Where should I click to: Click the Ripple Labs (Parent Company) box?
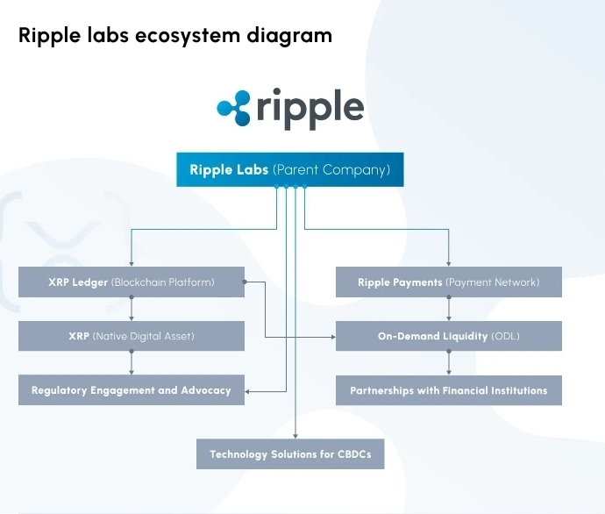coord(290,170)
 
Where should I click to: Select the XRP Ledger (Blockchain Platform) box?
coord(132,282)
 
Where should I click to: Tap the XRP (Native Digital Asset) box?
coord(132,336)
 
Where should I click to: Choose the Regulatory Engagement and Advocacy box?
coord(132,390)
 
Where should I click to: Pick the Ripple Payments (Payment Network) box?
coord(448,282)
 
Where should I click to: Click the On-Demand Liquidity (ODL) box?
coord(448,336)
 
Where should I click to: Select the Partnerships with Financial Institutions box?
coord(448,390)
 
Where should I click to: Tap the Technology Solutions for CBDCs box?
coord(290,454)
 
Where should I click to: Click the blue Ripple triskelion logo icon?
coord(234,107)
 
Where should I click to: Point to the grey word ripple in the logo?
coord(310,109)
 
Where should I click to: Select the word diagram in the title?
coord(295,36)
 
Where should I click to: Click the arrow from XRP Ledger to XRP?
coord(132,310)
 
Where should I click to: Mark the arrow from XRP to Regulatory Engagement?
coord(132,363)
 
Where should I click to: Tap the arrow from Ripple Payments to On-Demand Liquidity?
coord(449,310)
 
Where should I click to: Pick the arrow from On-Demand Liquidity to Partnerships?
coord(449,363)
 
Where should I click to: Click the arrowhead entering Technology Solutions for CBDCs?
coord(295,435)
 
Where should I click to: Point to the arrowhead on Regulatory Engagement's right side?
coord(249,390)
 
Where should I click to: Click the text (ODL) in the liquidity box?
coord(505,336)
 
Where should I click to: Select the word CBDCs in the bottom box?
coord(355,454)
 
